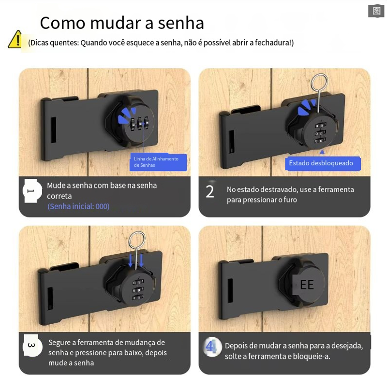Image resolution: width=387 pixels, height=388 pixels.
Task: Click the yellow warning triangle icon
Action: coord(16,40)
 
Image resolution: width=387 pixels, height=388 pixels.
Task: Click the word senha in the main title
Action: coord(181,23)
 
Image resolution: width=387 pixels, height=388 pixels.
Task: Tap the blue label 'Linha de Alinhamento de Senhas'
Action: coord(158,162)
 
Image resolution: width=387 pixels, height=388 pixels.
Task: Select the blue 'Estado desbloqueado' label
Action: coord(323,163)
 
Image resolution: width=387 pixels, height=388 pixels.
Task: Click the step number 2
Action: coord(210,191)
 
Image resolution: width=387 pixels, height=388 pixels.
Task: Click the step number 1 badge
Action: coord(32,191)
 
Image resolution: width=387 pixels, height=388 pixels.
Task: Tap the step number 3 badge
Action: coord(32,345)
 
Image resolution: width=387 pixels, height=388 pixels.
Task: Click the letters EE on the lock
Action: coord(307,285)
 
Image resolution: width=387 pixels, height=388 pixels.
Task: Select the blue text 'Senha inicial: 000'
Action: coord(78,206)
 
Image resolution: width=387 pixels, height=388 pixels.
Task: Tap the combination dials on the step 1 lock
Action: coord(139,124)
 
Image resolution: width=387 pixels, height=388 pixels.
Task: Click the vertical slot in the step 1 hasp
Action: coord(54,130)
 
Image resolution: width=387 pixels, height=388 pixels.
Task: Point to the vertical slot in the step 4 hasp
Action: coord(230,290)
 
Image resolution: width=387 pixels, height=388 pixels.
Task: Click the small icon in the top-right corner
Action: coord(376,11)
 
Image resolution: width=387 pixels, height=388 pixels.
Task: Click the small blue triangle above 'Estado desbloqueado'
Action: coord(322,152)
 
